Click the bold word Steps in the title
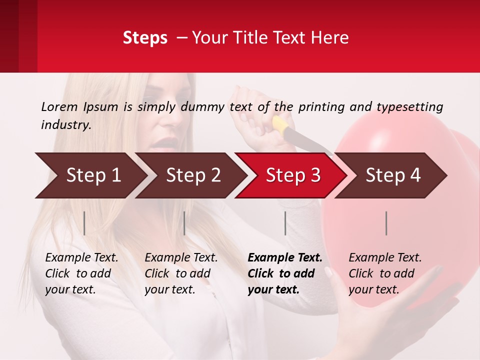tap(145, 38)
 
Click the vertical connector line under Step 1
tap(84, 223)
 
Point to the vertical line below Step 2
tap(184, 223)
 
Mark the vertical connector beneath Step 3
tap(285, 223)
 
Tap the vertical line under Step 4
tap(386, 223)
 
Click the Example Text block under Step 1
tap(81, 273)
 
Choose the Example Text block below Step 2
tap(181, 273)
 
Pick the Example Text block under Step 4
tap(385, 273)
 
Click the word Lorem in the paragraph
tap(59, 106)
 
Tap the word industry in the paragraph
tap(65, 125)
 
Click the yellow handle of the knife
tap(280, 126)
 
